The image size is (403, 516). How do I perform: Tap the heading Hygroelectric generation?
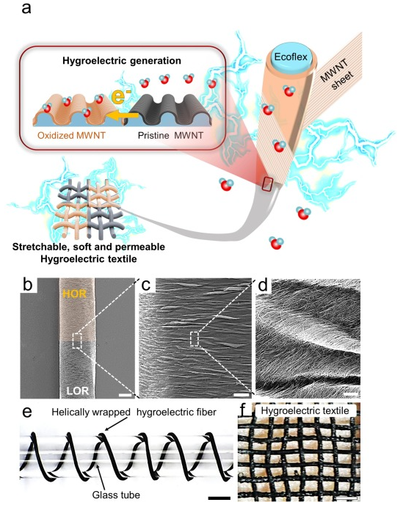(122, 61)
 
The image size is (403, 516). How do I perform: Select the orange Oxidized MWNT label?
(71, 135)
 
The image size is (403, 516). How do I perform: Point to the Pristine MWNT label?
(170, 135)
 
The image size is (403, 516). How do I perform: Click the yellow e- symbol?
(119, 95)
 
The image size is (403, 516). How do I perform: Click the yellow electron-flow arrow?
(124, 115)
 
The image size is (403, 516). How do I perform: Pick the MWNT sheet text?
(336, 76)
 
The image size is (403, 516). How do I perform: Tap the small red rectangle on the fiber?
(266, 183)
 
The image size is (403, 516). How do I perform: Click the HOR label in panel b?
(74, 293)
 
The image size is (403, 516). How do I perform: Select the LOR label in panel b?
(78, 390)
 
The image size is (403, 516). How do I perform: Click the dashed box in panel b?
(76, 341)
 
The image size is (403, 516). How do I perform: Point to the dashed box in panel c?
(195, 339)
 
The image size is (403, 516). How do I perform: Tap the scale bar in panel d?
(351, 393)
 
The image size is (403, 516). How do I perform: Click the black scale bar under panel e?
(219, 498)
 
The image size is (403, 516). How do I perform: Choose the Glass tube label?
(116, 495)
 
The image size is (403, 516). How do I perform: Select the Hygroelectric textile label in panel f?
(305, 411)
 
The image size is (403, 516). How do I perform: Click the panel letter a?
(26, 8)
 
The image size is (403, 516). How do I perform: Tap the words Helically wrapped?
(91, 412)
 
